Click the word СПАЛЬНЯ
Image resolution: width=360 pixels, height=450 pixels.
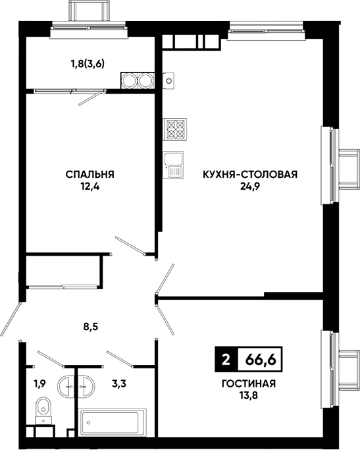90,174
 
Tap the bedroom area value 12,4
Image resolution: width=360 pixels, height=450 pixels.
90,187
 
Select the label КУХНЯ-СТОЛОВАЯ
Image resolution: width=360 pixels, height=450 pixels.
250,174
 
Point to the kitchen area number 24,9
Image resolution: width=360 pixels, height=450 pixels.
250,187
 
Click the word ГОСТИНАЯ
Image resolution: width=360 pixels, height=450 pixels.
249,383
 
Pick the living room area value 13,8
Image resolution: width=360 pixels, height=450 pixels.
249,396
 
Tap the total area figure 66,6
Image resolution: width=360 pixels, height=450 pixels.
260,359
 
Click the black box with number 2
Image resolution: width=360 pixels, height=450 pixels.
226,359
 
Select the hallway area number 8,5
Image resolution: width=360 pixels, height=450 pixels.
90,327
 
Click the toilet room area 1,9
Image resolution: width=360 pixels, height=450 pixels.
40,383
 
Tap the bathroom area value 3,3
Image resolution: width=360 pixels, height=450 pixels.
119,383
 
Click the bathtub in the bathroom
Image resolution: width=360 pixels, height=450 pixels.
113,423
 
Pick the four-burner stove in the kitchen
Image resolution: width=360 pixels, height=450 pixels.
175,129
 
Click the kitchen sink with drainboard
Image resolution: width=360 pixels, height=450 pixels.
173,165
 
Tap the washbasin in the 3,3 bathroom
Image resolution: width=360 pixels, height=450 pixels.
86,387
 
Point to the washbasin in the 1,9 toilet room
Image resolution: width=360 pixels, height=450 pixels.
66,387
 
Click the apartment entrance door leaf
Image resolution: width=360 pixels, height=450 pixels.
11,319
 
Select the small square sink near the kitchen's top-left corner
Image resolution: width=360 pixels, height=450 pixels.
169,80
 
